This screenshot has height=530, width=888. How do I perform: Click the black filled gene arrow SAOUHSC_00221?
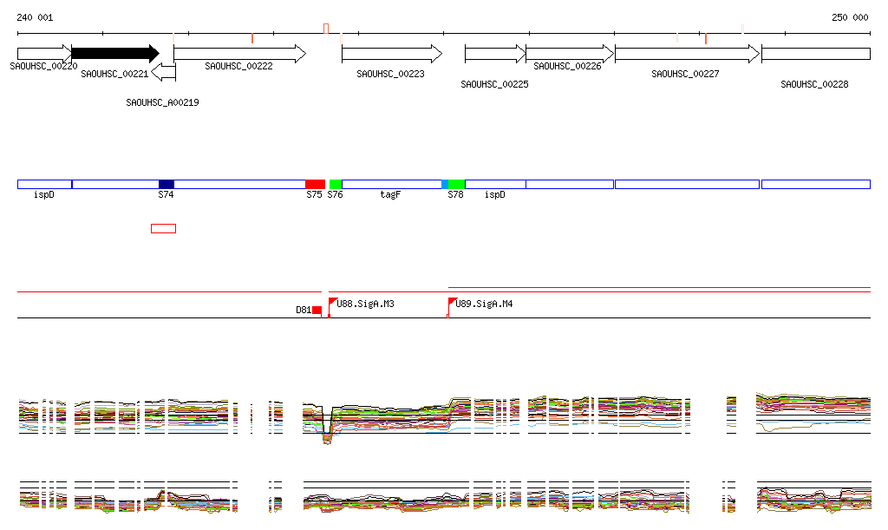pyautogui.click(x=114, y=53)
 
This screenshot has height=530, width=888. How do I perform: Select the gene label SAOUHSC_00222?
pyautogui.click(x=238, y=66)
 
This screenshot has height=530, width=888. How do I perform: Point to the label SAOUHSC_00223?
pyautogui.click(x=390, y=75)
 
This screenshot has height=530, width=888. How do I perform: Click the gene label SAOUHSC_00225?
pyautogui.click(x=494, y=85)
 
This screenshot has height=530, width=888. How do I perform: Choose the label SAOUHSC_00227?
pyautogui.click(x=685, y=75)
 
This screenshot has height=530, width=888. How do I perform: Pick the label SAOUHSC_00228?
pyautogui.click(x=814, y=85)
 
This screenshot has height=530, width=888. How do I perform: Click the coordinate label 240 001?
pyautogui.click(x=35, y=17)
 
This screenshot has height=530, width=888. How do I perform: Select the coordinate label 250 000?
pyautogui.click(x=850, y=17)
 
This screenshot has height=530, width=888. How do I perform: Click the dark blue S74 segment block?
pyautogui.click(x=166, y=184)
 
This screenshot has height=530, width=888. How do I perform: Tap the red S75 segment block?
pyautogui.click(x=315, y=184)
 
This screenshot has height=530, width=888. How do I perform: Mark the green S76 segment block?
pyautogui.click(x=336, y=184)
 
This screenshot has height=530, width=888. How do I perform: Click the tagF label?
pyautogui.click(x=390, y=195)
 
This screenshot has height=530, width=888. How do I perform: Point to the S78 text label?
pyautogui.click(x=455, y=195)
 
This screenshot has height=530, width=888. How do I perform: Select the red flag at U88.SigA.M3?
pyautogui.click(x=332, y=301)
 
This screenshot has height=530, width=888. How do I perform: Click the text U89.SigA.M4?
pyautogui.click(x=484, y=304)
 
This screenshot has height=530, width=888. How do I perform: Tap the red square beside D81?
pyautogui.click(x=317, y=310)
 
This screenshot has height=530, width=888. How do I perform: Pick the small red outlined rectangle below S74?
pyautogui.click(x=163, y=228)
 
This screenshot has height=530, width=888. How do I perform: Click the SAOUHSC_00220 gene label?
pyautogui.click(x=43, y=66)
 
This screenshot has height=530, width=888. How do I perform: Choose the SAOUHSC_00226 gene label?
pyautogui.click(x=567, y=66)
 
